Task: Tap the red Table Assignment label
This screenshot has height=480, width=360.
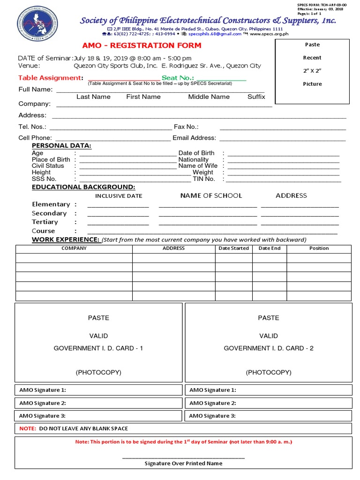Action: (50, 78)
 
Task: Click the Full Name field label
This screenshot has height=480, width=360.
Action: (36, 90)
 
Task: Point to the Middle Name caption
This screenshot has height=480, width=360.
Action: (209, 97)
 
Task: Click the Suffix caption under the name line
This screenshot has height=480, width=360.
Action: (256, 97)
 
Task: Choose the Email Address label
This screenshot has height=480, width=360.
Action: (194, 138)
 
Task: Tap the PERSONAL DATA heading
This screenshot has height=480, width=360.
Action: (61, 146)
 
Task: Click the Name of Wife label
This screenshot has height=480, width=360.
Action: (198, 166)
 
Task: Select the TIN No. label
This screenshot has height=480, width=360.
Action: (204, 179)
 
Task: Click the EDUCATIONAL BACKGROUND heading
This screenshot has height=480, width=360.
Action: (83, 187)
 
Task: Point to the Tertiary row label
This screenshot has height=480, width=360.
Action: (45, 222)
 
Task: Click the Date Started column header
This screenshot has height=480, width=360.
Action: (233, 248)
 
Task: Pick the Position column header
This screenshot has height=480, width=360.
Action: (319, 248)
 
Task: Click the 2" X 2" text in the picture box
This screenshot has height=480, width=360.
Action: (312, 71)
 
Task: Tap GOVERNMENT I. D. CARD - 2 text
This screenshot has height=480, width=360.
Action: (268, 348)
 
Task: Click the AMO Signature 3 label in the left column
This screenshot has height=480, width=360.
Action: (43, 416)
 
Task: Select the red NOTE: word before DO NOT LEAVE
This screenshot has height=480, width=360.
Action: (28, 428)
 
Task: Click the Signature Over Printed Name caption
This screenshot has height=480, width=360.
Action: (183, 463)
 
